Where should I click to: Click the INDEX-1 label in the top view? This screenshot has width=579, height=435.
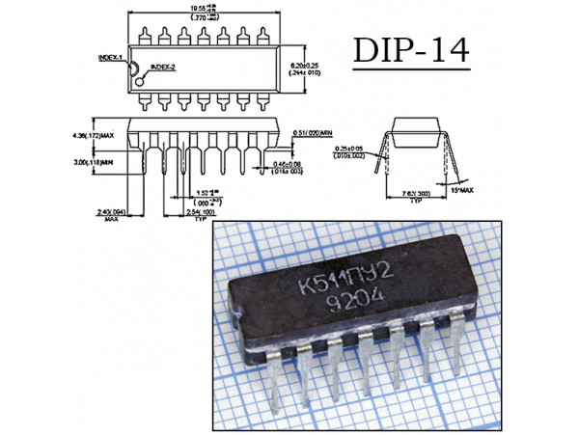(x=110, y=59)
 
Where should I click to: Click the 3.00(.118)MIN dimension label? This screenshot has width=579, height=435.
(x=96, y=162)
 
